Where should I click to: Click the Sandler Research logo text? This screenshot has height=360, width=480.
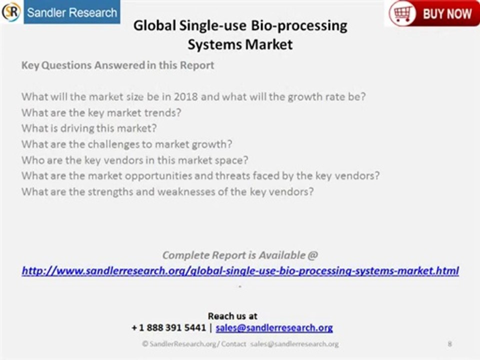71,12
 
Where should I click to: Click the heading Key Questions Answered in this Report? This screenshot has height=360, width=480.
117,65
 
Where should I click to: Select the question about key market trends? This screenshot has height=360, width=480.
101,112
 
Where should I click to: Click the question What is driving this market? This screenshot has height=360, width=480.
89,128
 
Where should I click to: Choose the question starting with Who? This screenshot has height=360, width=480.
135,160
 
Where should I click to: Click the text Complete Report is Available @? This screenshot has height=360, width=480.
240,255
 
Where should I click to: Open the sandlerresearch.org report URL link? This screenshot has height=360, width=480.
240,271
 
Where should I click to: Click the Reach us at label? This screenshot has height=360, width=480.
232,316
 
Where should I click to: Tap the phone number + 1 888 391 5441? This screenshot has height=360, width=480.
168,328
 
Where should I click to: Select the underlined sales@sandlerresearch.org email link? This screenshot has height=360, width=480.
274,328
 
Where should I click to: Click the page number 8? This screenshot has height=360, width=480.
450,344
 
